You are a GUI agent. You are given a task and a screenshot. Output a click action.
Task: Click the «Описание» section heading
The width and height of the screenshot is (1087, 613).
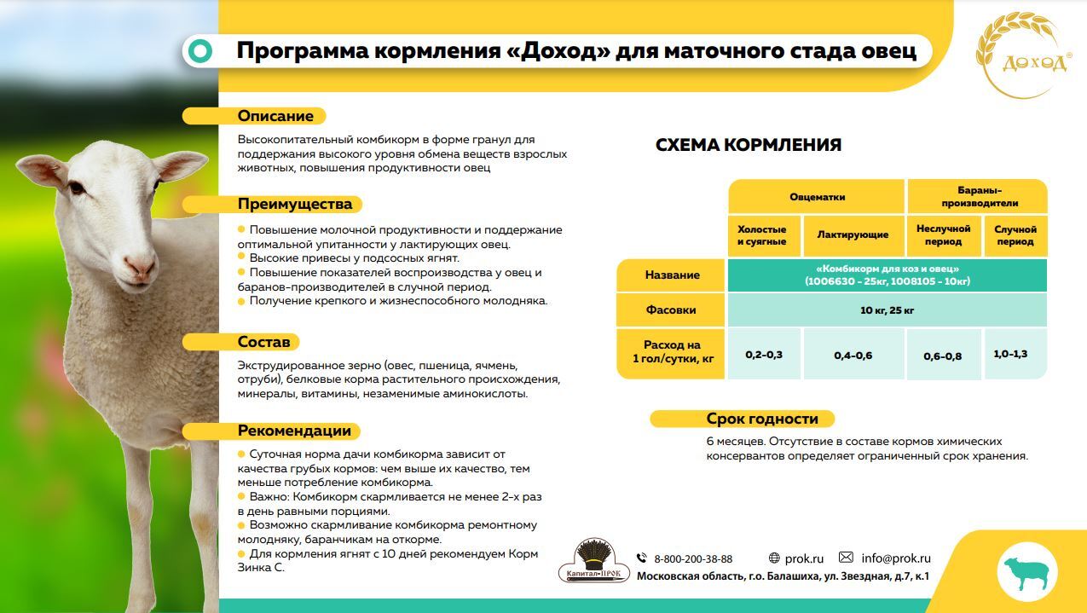coord(275,116)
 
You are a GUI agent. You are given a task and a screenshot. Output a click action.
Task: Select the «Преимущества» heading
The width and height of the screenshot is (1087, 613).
coord(294,205)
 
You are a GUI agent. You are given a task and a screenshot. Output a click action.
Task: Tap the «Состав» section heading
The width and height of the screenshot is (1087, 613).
coord(263,342)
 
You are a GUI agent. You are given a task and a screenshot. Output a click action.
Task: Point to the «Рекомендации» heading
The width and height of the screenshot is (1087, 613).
coord(293,431)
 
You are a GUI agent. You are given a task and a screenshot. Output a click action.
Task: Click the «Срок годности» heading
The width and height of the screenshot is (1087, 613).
coord(761,419)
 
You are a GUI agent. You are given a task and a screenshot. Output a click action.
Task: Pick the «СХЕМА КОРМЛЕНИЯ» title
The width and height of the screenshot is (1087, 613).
coord(748,145)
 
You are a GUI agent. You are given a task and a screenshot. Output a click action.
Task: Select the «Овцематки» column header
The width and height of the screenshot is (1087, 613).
coord(816,197)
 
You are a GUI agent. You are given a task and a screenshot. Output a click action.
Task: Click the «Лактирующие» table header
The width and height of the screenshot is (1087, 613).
coord(852,235)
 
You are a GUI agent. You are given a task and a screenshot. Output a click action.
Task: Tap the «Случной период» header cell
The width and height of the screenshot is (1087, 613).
coord(1015,235)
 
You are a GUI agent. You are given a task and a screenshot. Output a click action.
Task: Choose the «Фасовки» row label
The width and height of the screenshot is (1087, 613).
coord(671,309)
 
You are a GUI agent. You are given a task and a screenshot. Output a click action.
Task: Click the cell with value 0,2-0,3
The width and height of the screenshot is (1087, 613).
coord(763,354)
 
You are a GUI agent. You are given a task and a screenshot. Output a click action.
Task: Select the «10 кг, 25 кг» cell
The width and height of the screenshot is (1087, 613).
coord(887,310)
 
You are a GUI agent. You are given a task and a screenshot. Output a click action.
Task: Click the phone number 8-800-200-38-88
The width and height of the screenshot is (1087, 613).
coord(692,559)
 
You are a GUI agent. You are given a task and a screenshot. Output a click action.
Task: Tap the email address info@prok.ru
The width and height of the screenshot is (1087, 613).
coord(895,558)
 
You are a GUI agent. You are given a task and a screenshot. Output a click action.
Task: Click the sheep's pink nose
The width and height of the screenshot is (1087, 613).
coord(141,269)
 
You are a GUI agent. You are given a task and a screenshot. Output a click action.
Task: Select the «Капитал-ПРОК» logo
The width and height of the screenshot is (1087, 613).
coord(593,562)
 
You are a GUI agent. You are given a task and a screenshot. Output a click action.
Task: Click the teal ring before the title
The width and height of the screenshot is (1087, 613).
coord(200,52)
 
